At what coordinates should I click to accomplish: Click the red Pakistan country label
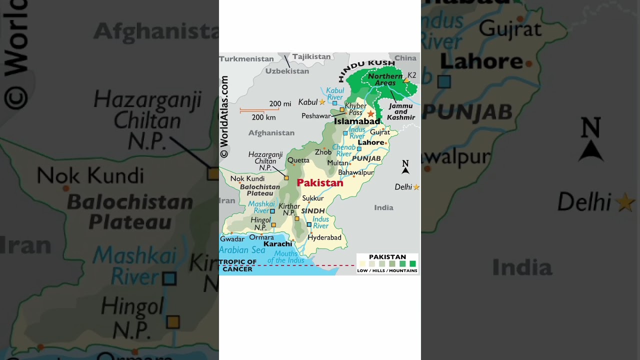pos(320,183)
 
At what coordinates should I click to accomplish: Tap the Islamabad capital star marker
pos(370,114)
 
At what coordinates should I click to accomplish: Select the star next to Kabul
pos(322,102)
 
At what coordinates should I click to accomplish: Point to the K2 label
pos(412,75)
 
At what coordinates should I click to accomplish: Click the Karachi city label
pos(277,244)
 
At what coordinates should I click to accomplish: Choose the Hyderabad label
pos(324,237)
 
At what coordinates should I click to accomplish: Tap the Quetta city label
pos(298,160)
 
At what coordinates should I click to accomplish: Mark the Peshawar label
pos(316,116)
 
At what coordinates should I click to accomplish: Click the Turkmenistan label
pos(246,59)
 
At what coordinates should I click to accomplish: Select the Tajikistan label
pos(311,57)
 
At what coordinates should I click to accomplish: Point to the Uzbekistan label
pos(287,71)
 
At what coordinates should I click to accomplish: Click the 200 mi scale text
pos(280,104)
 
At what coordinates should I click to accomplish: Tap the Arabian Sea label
pos(242,250)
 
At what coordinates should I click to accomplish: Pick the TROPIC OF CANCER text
pos(238,265)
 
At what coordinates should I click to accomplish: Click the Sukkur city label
pos(313,198)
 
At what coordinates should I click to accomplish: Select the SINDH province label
pos(313,211)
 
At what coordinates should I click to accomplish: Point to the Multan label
pos(337,163)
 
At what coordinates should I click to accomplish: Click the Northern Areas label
pos(385,79)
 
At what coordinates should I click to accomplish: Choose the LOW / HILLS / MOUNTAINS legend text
pos(387,271)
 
